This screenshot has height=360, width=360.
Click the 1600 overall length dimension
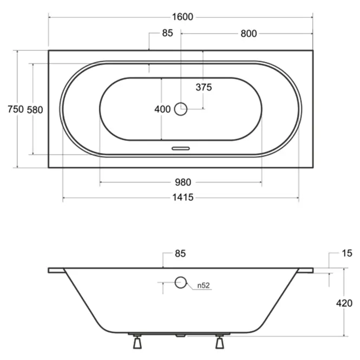click(x=182, y=17)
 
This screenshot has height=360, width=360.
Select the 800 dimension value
click(x=248, y=34)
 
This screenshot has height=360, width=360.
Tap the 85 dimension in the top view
click(x=167, y=33)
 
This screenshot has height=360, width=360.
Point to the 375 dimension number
click(x=204, y=87)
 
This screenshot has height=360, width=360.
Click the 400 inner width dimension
click(x=162, y=109)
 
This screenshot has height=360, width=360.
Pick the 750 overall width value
click(x=16, y=109)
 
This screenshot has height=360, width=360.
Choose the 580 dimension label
click(x=35, y=110)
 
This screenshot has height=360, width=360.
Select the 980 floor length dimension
click(x=183, y=182)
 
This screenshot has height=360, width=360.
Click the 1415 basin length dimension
click(x=183, y=198)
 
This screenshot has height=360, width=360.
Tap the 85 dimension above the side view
click(x=180, y=253)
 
